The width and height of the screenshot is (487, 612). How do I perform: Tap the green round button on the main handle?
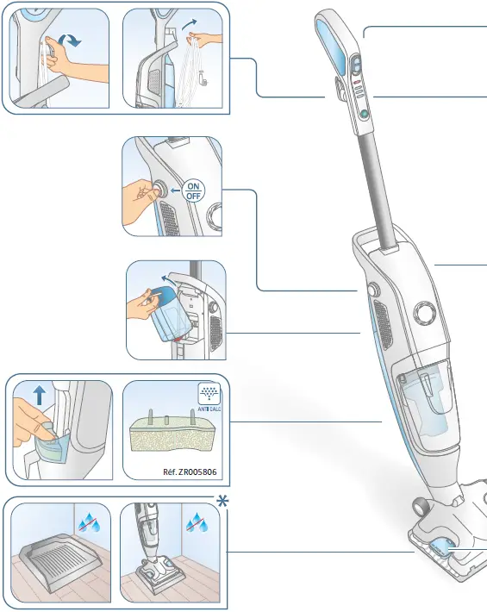click(x=365, y=114)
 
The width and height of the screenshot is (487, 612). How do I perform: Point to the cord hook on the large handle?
click(x=333, y=88)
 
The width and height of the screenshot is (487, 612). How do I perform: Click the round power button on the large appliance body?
click(x=373, y=291)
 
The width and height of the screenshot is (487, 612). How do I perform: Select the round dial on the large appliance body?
click(x=422, y=312)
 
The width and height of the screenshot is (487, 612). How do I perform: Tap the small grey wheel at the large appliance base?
click(x=420, y=505)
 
